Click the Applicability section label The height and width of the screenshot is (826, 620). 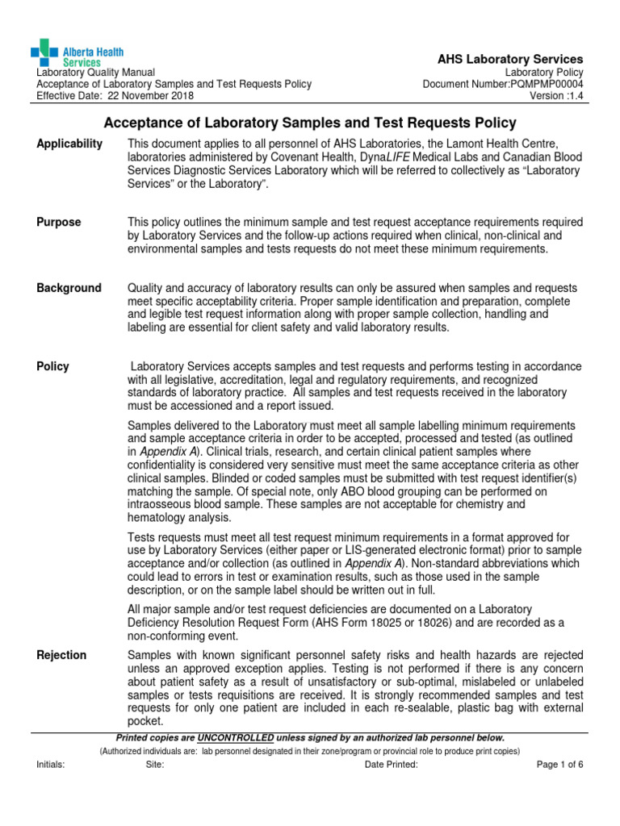(70, 144)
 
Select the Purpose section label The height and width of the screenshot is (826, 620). (59, 222)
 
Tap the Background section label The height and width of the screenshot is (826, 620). (69, 288)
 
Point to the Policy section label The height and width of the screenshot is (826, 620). (53, 366)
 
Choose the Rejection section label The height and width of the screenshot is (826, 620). (62, 655)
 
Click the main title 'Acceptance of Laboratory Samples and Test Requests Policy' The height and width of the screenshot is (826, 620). (310, 123)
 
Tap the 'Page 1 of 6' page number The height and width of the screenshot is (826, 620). (559, 765)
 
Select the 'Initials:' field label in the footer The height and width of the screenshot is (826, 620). (51, 765)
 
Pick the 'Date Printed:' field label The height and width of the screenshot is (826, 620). (392, 765)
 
